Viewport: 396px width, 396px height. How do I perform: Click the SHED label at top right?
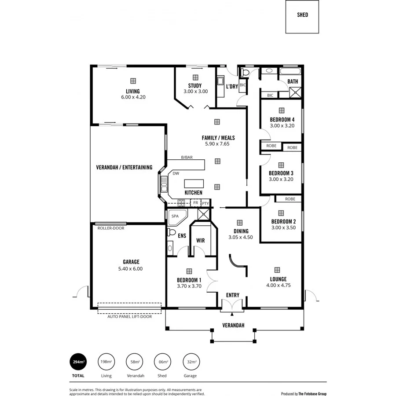(302, 15)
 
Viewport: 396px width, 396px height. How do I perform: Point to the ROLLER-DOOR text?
(110, 228)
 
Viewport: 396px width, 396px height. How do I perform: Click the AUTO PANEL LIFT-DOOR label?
(129, 316)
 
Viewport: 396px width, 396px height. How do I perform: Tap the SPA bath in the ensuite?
(175, 216)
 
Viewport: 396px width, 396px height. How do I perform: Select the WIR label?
(201, 240)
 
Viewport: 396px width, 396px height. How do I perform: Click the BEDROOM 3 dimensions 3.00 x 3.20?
(281, 179)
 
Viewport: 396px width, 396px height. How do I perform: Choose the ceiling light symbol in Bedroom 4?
(282, 110)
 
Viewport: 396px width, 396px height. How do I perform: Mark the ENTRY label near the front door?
(233, 295)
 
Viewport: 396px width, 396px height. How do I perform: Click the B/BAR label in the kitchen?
(187, 157)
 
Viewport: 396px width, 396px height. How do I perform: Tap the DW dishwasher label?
(176, 173)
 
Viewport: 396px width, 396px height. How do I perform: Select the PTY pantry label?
(205, 203)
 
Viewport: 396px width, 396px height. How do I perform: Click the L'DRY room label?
(232, 87)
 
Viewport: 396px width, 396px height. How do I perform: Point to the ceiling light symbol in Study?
(195, 77)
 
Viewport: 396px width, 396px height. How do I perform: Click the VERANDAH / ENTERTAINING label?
(124, 167)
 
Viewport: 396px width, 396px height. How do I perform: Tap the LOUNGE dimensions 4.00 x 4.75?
(278, 285)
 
